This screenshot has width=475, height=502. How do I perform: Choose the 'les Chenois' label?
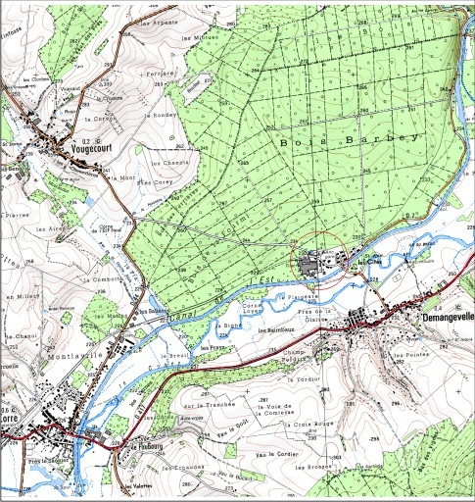click(x=146, y=162)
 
